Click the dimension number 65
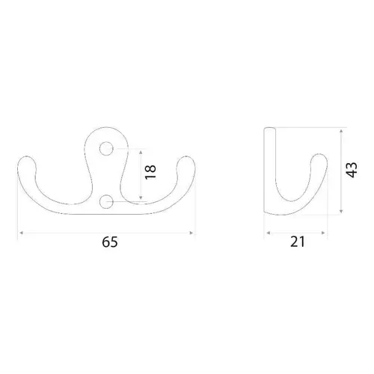point(109,242)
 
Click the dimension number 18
point(150,172)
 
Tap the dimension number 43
point(352,170)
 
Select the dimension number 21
point(298,242)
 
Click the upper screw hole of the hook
point(106,149)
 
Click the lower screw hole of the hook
point(106,201)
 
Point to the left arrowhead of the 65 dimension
point(22,233)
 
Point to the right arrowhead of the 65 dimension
point(191,233)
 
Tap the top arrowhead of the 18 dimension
point(141,152)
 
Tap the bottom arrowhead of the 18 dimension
point(141,197)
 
